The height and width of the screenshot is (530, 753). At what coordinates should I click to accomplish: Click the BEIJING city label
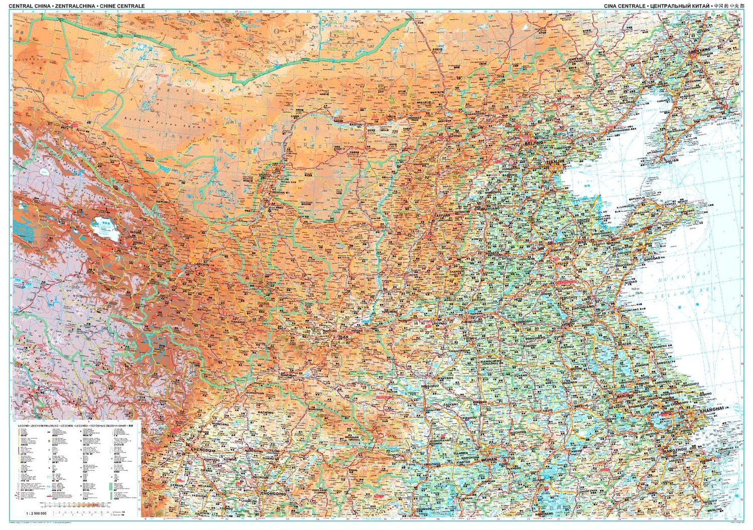click(533, 143)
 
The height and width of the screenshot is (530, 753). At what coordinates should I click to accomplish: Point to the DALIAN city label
click(671, 161)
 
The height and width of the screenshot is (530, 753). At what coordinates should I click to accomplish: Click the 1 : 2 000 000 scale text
click(36, 513)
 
